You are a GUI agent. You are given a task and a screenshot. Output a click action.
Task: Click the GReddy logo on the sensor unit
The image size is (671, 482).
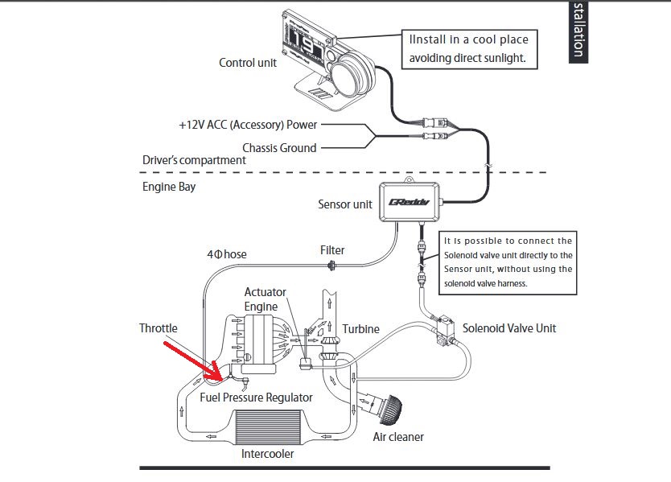pyautogui.click(x=409, y=202)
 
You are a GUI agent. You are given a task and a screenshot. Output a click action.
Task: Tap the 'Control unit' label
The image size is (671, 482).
pyautogui.click(x=248, y=63)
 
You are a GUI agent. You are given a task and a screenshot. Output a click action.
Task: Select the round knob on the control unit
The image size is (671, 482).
pyautogui.click(x=352, y=75)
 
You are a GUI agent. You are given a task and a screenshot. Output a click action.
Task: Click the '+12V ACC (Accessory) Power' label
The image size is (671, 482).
pyautogui.click(x=248, y=125)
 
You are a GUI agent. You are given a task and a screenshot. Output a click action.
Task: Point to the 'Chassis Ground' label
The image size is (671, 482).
pyautogui.click(x=279, y=148)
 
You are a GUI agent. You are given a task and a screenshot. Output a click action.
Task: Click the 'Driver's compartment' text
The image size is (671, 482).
pyautogui.click(x=194, y=160)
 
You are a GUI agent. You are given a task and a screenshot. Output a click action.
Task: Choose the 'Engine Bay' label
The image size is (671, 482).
pyautogui.click(x=169, y=187)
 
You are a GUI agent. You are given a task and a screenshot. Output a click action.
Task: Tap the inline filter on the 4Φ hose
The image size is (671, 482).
pyautogui.click(x=331, y=266)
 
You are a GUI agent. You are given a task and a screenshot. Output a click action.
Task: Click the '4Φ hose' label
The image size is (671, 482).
pyautogui.click(x=227, y=254)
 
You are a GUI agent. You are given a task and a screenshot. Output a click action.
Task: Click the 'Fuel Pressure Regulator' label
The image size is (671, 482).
pyautogui.click(x=256, y=398)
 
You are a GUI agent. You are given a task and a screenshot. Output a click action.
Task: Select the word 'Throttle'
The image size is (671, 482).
pyautogui.click(x=158, y=328)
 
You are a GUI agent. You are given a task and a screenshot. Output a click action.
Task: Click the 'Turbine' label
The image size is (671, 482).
pyautogui.click(x=360, y=329)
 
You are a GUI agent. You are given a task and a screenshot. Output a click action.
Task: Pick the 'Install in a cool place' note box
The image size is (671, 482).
pyautogui.click(x=469, y=49)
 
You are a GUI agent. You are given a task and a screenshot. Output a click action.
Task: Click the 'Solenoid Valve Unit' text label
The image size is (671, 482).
pyautogui.click(x=509, y=328)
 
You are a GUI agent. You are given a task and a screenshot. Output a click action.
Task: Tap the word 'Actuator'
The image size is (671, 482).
pyautogui.click(x=266, y=292)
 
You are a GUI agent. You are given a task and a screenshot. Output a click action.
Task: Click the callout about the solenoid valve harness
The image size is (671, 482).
pyautogui.click(x=508, y=263)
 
